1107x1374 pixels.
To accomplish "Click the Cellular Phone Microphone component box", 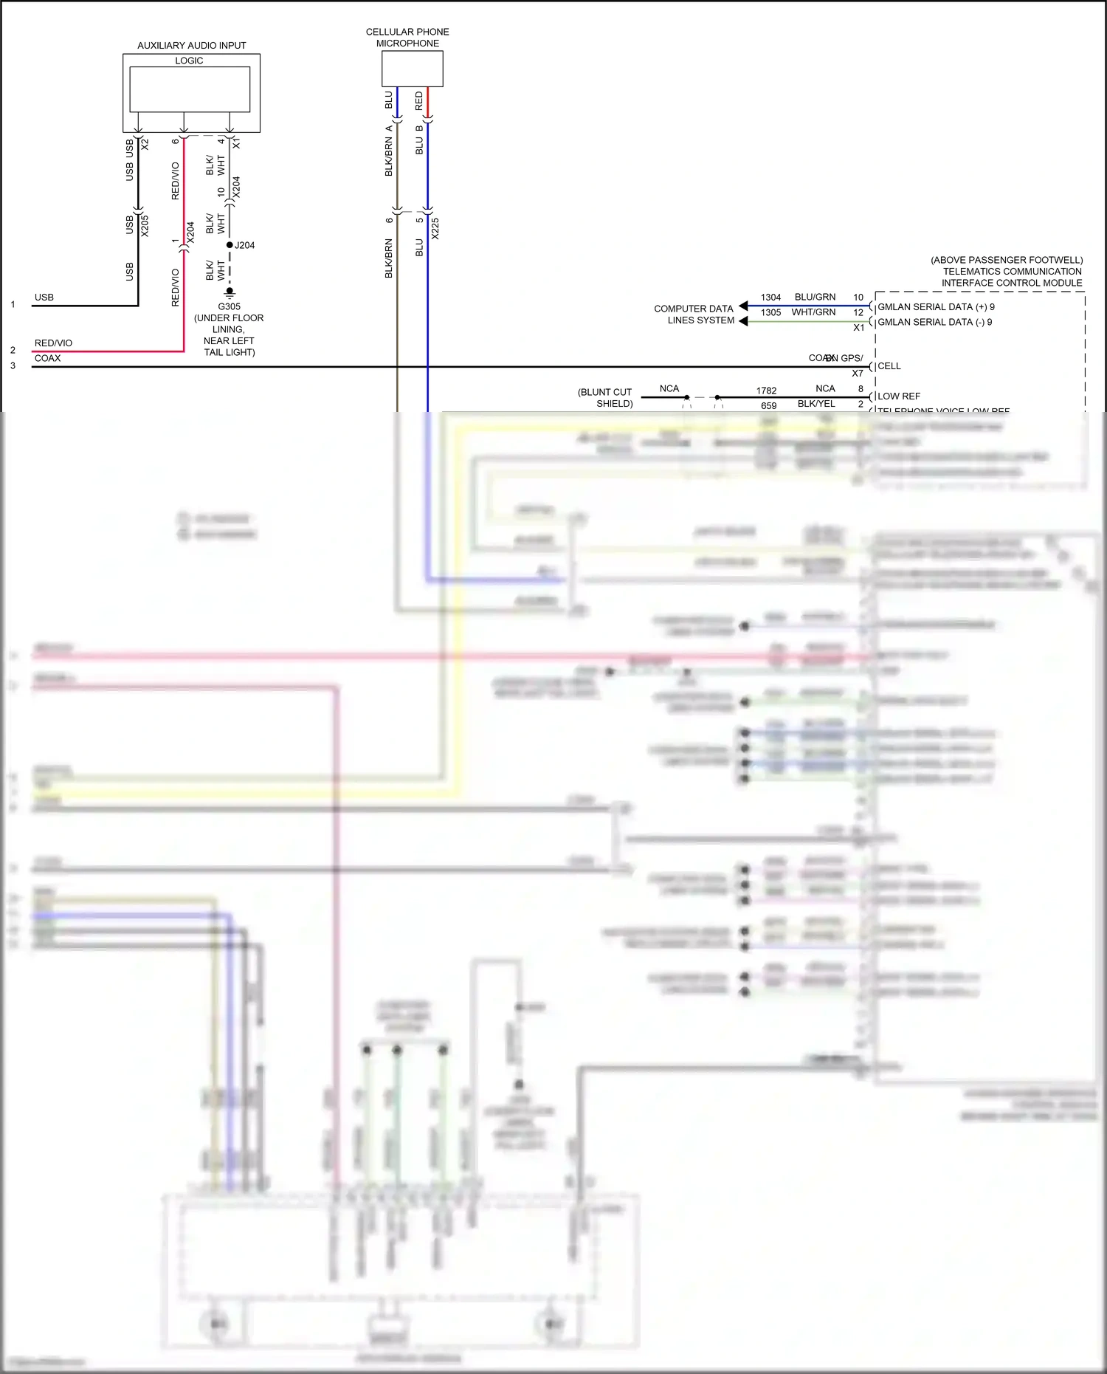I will tap(412, 69).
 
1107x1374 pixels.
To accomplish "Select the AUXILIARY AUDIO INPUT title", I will tap(191, 46).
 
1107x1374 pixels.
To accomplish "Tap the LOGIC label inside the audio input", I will tap(189, 61).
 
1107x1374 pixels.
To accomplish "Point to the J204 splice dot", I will tap(230, 245).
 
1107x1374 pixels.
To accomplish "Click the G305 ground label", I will tap(229, 306).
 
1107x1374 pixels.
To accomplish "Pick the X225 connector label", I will tap(435, 228).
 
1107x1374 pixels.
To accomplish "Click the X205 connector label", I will tap(145, 225).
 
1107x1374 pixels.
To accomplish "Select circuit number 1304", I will tap(770, 298).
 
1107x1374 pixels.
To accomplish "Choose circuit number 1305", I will tap(770, 312).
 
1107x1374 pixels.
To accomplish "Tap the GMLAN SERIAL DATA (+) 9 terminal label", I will tap(935, 307).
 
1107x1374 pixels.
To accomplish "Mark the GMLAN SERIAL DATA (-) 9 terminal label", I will tap(934, 322).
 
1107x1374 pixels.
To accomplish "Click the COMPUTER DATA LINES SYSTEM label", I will tap(694, 315).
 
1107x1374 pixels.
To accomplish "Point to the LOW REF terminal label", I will tap(898, 396).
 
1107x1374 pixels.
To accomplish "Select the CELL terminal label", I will tap(889, 366).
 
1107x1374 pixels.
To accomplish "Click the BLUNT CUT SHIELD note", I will tap(605, 398).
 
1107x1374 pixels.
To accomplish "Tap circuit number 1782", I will tap(766, 391).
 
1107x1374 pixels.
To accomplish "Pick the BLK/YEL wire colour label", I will tap(816, 404).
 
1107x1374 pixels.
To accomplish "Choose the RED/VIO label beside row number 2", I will tap(53, 343).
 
